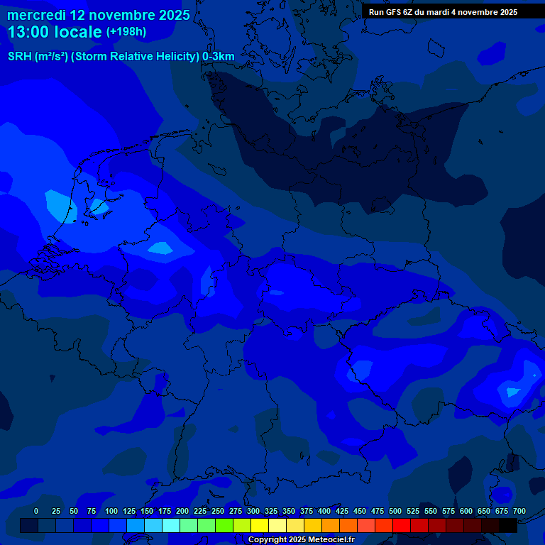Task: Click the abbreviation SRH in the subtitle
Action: [x=19, y=57]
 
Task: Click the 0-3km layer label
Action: [x=219, y=57]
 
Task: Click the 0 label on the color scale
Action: [x=36, y=511]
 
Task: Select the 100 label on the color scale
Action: [x=111, y=511]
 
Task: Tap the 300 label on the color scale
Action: [x=253, y=511]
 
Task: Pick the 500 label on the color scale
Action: [x=395, y=511]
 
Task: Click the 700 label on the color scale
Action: [x=519, y=511]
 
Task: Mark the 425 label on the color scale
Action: [x=342, y=511]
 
